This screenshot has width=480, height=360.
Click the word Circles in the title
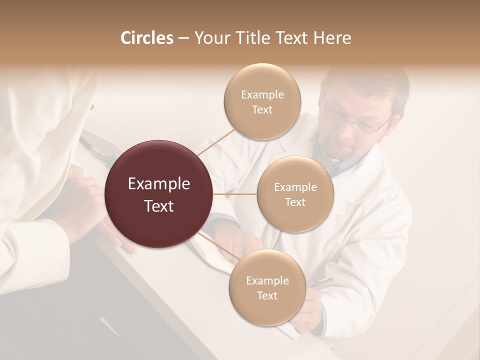146,38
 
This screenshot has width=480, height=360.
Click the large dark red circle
159,194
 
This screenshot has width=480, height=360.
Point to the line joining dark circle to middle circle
235,194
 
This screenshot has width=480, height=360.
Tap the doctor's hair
370,82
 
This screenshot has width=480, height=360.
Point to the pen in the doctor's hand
320,282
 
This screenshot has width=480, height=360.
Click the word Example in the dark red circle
159,184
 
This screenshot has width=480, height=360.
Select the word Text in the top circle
262,110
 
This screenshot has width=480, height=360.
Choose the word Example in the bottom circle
267,280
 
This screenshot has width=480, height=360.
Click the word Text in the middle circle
295,202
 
